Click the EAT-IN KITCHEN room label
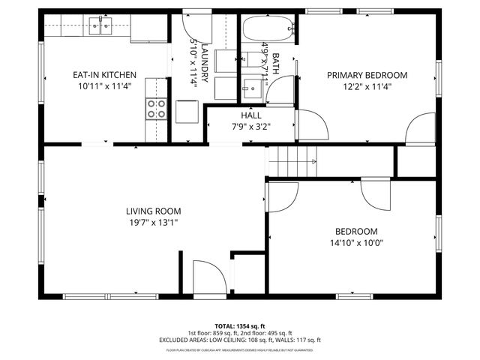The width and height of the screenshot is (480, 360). pyautogui.click(x=104, y=74)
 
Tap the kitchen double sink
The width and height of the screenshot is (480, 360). pyautogui.click(x=100, y=28)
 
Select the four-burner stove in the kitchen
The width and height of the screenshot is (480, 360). pyautogui.click(x=157, y=109)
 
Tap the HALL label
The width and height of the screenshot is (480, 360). pyautogui.click(x=251, y=115)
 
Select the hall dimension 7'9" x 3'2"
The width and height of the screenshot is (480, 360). pyautogui.click(x=251, y=127)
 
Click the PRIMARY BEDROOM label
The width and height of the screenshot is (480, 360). pyautogui.click(x=367, y=75)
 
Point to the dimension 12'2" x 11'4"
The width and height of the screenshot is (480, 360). pyautogui.click(x=367, y=86)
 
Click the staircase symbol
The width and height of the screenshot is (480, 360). pyautogui.click(x=293, y=161)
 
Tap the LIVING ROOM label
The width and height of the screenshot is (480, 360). pyautogui.click(x=152, y=211)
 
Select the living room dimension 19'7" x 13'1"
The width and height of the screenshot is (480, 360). pyautogui.click(x=152, y=222)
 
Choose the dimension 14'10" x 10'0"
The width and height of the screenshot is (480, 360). pyautogui.click(x=356, y=242)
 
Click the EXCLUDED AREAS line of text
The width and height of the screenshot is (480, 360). pyautogui.click(x=239, y=340)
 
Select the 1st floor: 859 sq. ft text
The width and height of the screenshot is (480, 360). pyautogui.click(x=214, y=334)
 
